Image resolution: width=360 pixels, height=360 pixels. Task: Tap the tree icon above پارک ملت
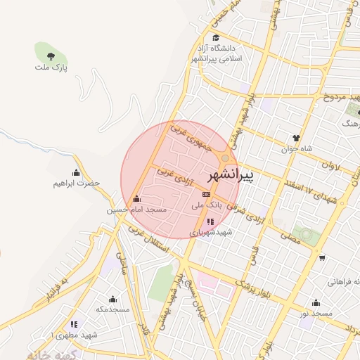click(51, 56)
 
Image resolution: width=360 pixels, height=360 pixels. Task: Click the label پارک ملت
click(51, 67)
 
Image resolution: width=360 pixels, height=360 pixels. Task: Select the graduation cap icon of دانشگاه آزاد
click(215, 38)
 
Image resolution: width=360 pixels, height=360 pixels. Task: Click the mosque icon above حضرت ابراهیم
click(76, 173)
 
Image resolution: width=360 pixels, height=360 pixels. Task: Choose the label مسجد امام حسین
click(136, 210)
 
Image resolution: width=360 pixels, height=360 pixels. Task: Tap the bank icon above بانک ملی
click(206, 194)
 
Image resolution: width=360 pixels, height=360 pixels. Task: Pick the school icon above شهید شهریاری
click(210, 221)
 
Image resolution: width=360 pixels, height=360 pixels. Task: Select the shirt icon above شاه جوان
click(296, 138)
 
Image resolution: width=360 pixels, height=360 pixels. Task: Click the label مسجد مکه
click(113, 309)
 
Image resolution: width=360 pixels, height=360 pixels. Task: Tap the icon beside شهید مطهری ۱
click(74, 324)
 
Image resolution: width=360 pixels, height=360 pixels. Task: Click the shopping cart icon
click(322, 258)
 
